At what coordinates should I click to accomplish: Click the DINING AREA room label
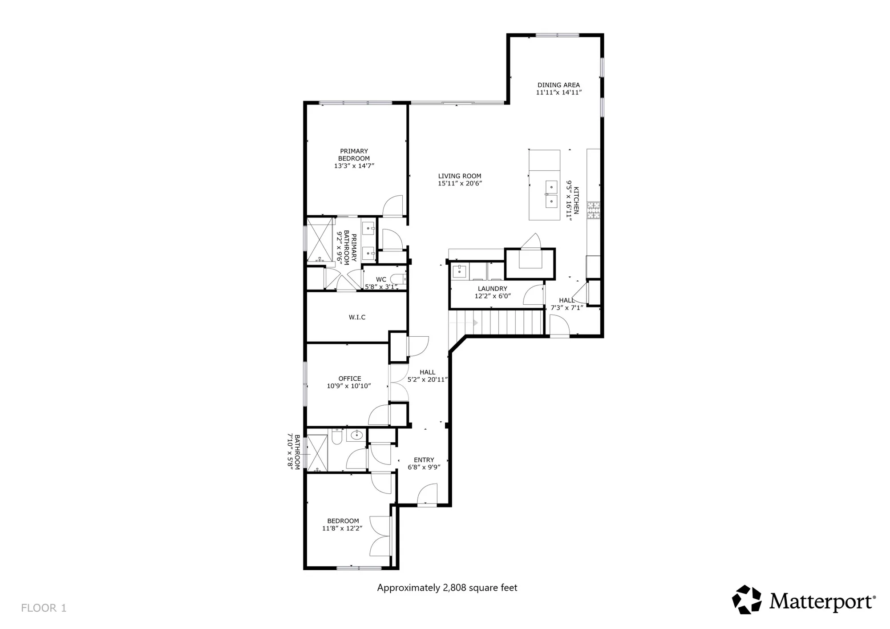(x=558, y=85)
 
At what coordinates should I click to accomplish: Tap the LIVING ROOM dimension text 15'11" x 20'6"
(x=460, y=183)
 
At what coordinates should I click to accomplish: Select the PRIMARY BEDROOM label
(x=354, y=155)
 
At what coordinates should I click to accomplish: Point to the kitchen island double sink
(x=551, y=194)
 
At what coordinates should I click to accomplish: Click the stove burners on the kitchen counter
(x=593, y=210)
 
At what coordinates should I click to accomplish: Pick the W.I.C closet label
(x=357, y=317)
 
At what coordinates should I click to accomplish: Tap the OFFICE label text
(x=350, y=379)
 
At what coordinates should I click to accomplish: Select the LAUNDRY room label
(x=492, y=289)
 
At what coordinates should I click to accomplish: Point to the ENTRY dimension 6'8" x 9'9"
(x=424, y=467)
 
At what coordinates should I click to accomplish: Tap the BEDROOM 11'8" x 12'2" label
(x=343, y=524)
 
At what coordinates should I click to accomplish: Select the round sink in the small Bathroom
(x=356, y=435)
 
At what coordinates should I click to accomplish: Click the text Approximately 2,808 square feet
(x=447, y=588)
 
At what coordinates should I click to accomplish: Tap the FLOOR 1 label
(x=44, y=608)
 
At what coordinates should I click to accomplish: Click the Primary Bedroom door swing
(x=393, y=206)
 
